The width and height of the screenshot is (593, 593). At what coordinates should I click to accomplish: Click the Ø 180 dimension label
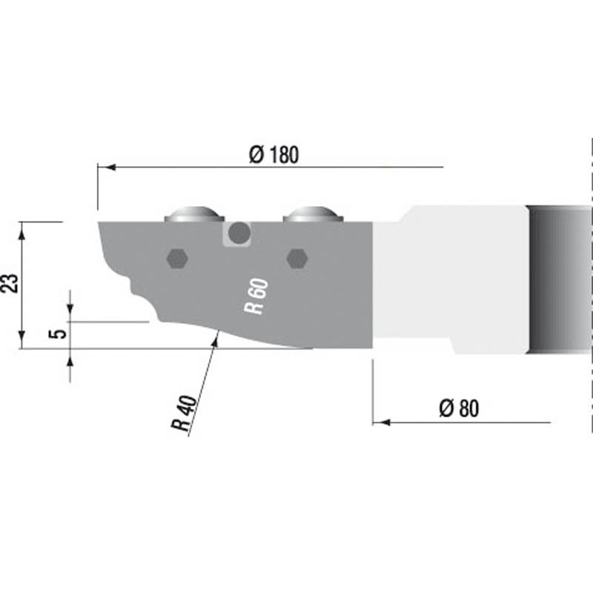point(274,154)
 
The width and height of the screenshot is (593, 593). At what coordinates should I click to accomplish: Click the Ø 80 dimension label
point(459,408)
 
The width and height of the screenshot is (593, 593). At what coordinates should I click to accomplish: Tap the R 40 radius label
point(185,414)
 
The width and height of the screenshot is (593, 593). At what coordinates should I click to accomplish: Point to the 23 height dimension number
point(10,283)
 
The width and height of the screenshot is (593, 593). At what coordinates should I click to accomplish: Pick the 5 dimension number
point(58,334)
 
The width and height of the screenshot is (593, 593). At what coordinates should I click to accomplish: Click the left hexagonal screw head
point(177,259)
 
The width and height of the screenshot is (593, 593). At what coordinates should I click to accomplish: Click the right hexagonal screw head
point(297,259)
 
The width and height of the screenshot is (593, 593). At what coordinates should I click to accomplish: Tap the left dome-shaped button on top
point(194,214)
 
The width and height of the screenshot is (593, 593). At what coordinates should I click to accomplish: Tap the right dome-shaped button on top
point(313,214)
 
